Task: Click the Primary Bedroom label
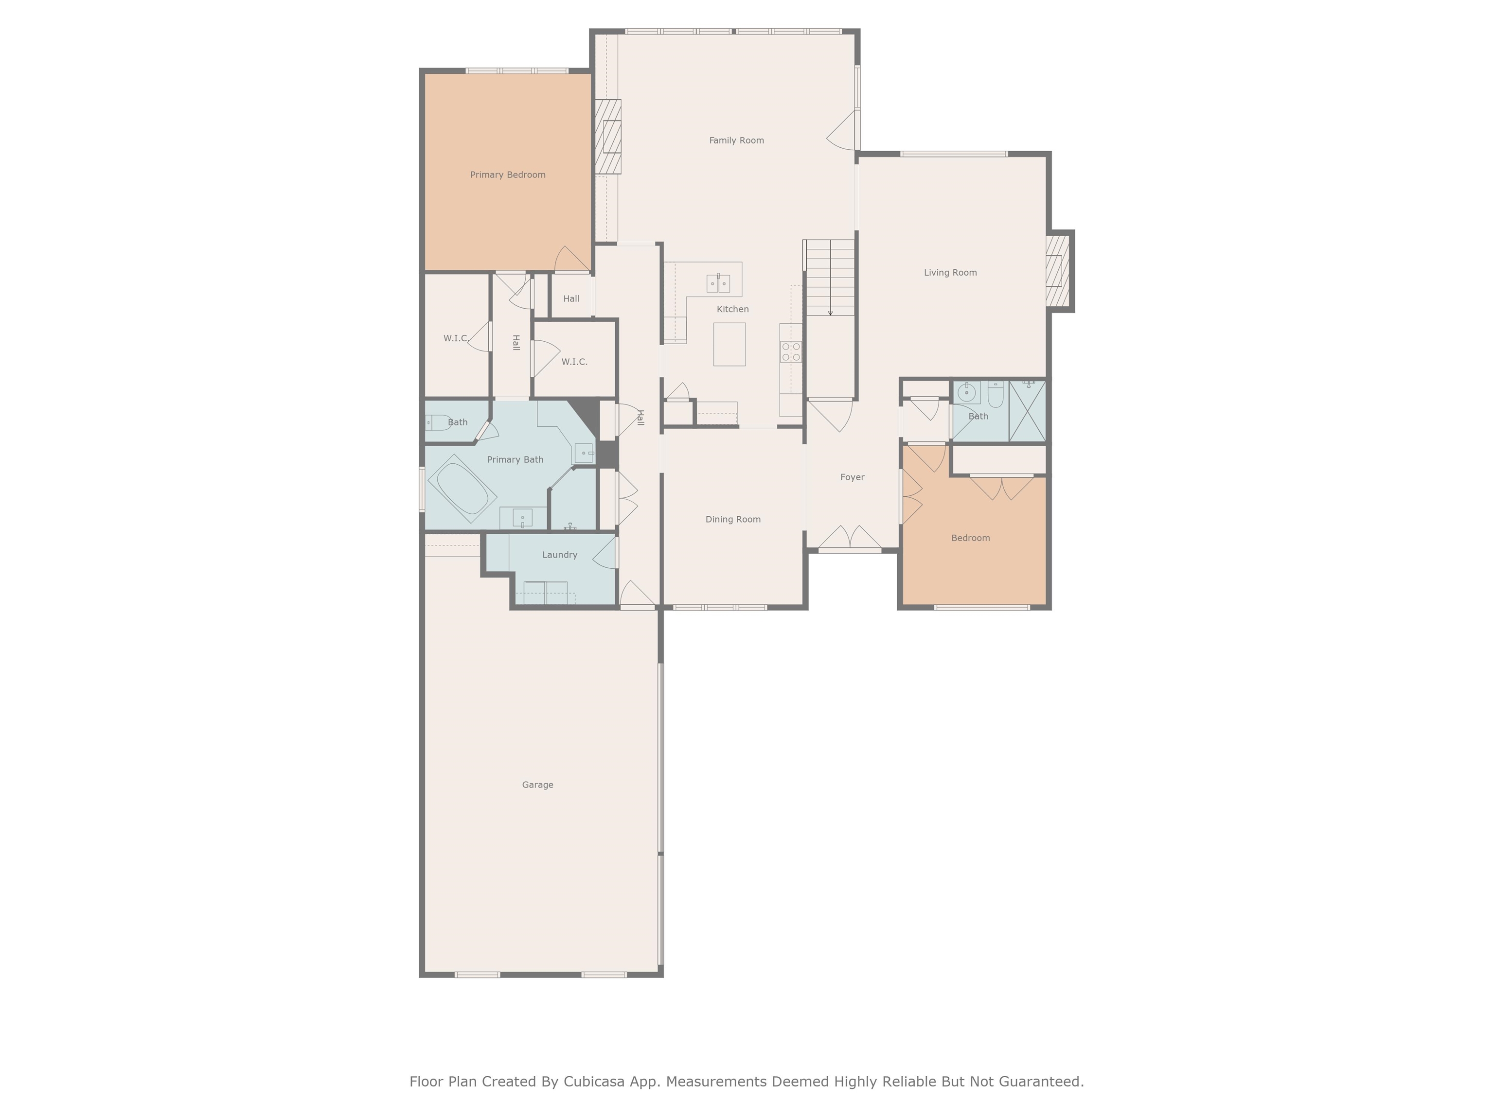[507, 175]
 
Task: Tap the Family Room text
[736, 140]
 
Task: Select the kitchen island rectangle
[729, 344]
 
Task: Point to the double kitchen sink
[718, 283]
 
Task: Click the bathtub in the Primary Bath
[462, 488]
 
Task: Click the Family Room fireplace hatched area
[608, 137]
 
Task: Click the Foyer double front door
[850, 538]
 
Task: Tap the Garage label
[537, 785]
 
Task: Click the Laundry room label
[559, 555]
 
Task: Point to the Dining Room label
[733, 519]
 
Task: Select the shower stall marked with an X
[1027, 411]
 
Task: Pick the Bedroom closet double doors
[1002, 488]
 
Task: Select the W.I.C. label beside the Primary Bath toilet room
[455, 338]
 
